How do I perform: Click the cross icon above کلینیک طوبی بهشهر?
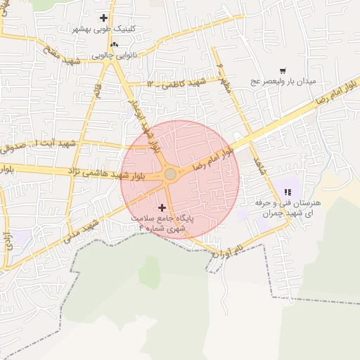pyautogui.click(x=105, y=18)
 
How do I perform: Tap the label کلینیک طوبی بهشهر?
pyautogui.click(x=105, y=30)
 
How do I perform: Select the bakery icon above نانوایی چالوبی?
pyautogui.click(x=105, y=44)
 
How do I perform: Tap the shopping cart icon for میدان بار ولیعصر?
pyautogui.click(x=283, y=70)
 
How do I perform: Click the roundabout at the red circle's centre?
pyautogui.click(x=170, y=174)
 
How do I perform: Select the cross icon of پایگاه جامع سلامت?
pyautogui.click(x=163, y=207)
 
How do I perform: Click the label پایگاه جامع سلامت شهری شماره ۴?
pyautogui.click(x=166, y=224)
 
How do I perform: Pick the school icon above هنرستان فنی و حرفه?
pyautogui.click(x=287, y=191)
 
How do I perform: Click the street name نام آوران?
pyautogui.click(x=229, y=251)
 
